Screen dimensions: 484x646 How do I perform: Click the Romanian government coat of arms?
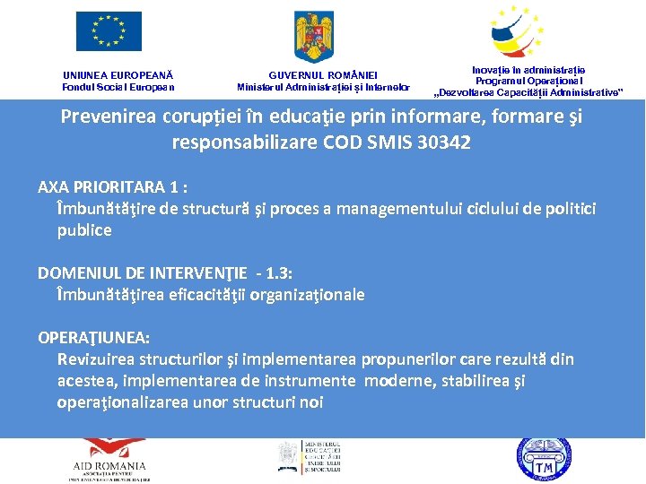[314, 35]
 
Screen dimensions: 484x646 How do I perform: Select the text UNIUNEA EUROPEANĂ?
[118, 75]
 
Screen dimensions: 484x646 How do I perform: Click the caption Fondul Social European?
[118, 87]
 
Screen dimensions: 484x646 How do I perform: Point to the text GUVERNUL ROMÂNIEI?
[323, 75]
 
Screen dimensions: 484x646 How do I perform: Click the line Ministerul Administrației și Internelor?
[323, 87]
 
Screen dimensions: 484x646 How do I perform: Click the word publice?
[84, 229]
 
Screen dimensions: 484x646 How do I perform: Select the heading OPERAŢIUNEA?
[94, 338]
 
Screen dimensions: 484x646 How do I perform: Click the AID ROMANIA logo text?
[109, 466]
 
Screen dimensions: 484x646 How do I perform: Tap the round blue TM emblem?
[543, 461]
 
